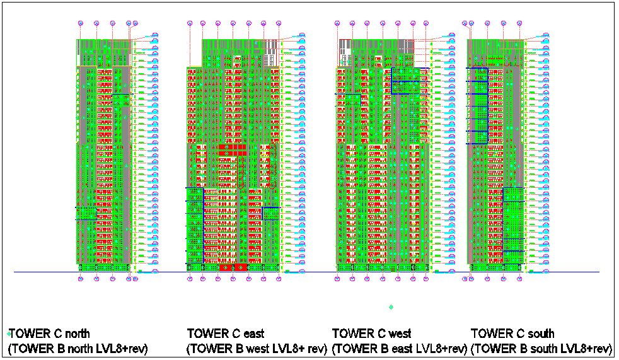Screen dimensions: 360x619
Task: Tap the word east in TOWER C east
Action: point(253,334)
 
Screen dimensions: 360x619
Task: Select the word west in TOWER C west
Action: point(398,334)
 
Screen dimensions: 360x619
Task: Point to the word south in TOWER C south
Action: point(540,334)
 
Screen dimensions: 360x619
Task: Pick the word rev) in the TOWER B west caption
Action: point(316,349)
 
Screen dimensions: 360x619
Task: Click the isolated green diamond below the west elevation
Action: point(391,307)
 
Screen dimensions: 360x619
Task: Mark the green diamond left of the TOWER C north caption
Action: point(9,333)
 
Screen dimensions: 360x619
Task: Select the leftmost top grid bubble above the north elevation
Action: point(81,23)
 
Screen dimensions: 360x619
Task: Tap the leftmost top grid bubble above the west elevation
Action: point(338,23)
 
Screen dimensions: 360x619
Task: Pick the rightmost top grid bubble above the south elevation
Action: point(519,23)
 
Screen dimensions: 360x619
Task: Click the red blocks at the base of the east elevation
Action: point(233,267)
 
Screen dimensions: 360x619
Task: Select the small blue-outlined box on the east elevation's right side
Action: point(271,213)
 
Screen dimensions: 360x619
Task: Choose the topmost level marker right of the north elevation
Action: point(155,35)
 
